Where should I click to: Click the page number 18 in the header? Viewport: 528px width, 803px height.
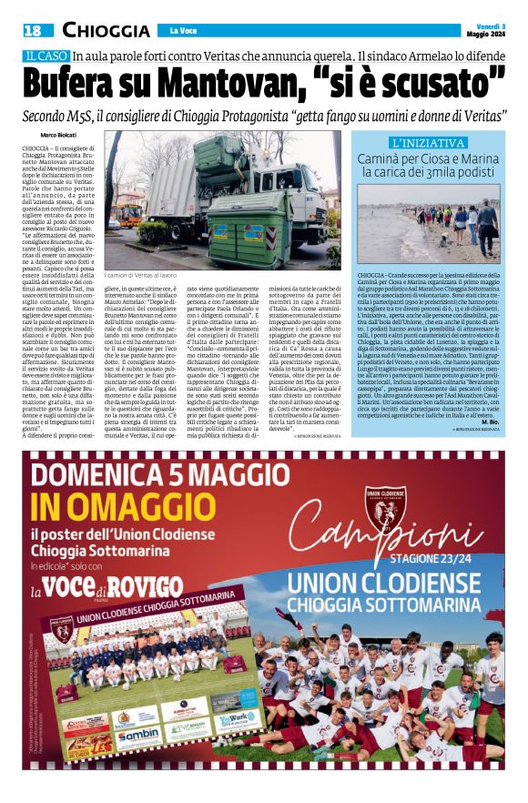click(x=33, y=30)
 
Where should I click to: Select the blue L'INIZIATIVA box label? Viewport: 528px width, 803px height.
click(x=428, y=143)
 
